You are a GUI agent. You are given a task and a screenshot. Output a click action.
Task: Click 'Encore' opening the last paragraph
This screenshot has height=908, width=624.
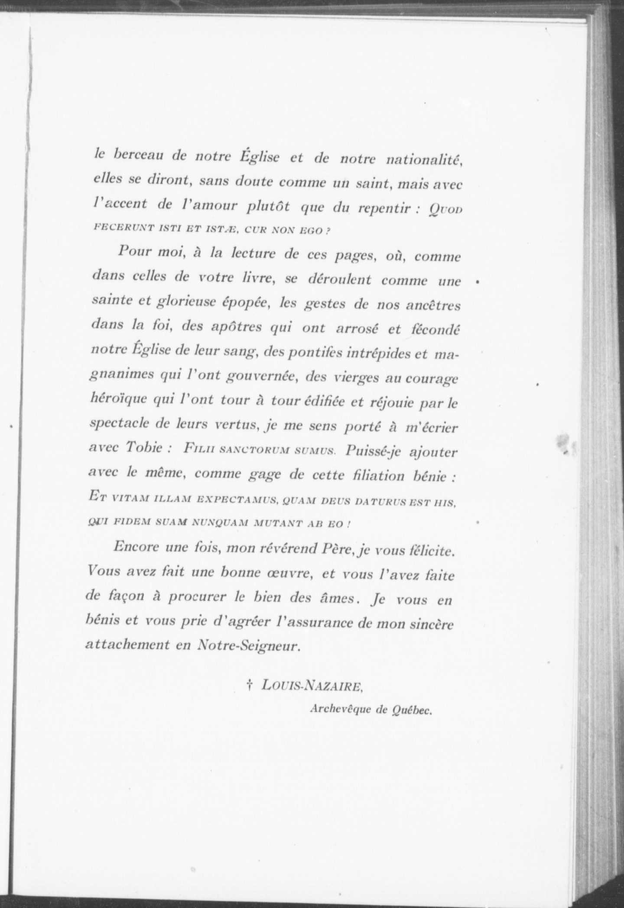[x=136, y=547]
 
